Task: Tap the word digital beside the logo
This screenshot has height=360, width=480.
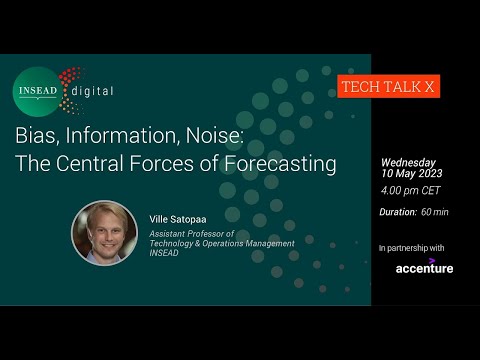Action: tap(92, 92)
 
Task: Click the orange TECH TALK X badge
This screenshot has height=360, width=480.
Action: tap(389, 87)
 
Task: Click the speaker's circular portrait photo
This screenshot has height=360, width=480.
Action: tap(103, 233)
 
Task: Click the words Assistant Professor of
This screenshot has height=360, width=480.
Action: tap(189, 234)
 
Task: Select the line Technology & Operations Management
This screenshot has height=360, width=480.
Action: tap(221, 243)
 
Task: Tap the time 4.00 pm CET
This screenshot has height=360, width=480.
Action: tap(410, 189)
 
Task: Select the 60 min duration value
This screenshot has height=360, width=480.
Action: tap(436, 211)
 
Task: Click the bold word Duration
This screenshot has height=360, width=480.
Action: tap(398, 211)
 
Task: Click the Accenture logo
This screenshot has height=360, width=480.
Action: tap(424, 267)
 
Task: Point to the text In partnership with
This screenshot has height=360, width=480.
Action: tap(412, 247)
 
